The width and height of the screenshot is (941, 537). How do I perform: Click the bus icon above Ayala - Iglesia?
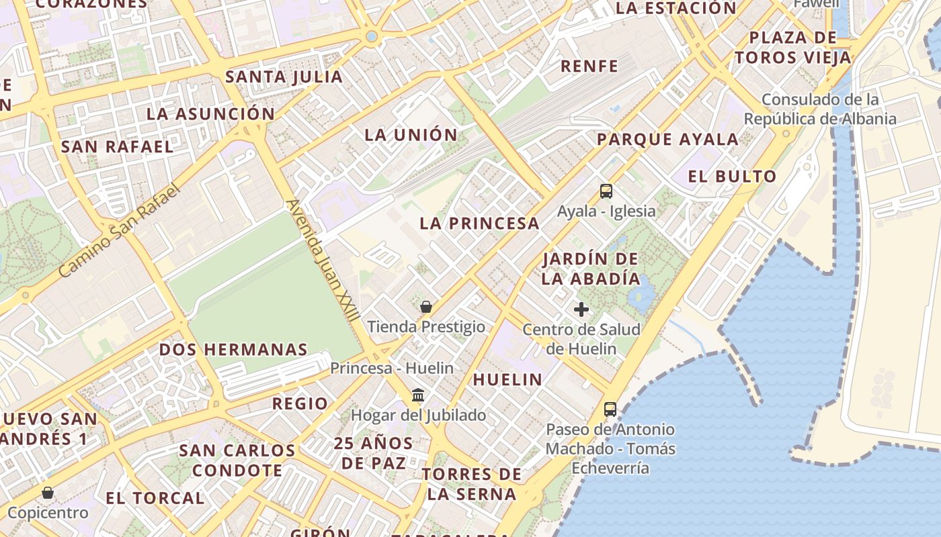point(606,191)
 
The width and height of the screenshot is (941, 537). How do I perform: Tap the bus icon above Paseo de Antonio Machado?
point(610,409)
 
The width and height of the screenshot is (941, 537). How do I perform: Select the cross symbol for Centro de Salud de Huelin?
point(581,309)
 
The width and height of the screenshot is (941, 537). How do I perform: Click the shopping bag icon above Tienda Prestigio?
point(426,307)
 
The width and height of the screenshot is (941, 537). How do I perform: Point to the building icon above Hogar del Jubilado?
point(418,395)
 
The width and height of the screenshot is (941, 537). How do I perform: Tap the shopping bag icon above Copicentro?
point(48,493)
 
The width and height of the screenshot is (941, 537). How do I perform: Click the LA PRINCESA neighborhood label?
point(479,224)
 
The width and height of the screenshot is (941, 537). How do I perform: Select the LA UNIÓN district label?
point(411,135)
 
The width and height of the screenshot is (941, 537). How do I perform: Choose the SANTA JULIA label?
point(284,77)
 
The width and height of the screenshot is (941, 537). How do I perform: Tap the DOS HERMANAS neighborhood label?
point(233,350)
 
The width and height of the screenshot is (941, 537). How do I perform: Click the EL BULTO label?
point(732,177)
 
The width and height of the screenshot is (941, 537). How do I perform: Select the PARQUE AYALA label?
point(667,140)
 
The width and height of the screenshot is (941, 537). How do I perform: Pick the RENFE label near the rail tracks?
point(589,66)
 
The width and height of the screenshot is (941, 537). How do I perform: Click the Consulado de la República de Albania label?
point(820,109)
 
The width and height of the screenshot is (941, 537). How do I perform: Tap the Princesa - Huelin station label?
point(391,369)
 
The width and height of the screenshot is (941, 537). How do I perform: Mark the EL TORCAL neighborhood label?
point(155,498)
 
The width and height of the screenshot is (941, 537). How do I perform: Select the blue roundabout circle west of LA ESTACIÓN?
point(371,36)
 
